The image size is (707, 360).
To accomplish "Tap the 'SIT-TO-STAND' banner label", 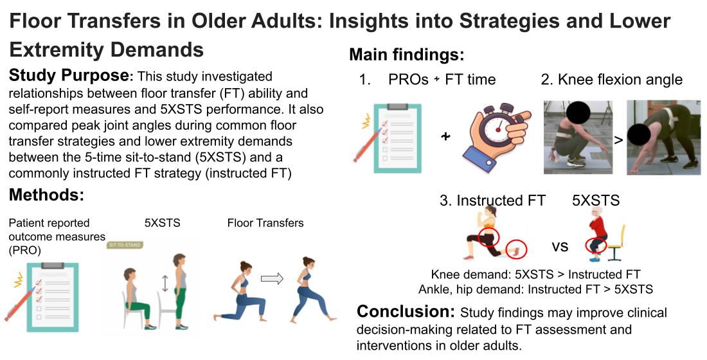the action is coord(125,245).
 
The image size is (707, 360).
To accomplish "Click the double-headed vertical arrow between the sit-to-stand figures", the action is coord(165,283).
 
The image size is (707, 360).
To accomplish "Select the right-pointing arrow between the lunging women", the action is coord(273,279).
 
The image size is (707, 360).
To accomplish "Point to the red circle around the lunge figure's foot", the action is coord(516,249).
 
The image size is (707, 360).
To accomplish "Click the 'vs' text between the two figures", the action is coord(560,246).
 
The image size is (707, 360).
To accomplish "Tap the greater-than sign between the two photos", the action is coord(618,140).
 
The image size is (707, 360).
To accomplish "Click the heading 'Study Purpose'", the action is coord(69,75).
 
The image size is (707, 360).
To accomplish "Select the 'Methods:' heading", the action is coord(46,195).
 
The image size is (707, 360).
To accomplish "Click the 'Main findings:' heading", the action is coord(407,55).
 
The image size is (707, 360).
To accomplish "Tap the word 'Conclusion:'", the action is coord(406,311).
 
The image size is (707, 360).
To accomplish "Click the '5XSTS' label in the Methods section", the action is coord(163,223).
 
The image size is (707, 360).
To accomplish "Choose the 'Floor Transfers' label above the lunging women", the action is coord(265,223).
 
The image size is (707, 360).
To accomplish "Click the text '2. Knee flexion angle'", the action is coord(611,80).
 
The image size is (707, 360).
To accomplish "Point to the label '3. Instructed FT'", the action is coord(492,201).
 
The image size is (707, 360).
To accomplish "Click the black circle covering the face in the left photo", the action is coord(573,110).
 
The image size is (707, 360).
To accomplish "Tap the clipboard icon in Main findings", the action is coord(397,138).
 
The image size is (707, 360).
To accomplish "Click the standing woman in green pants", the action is coord(181,292).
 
